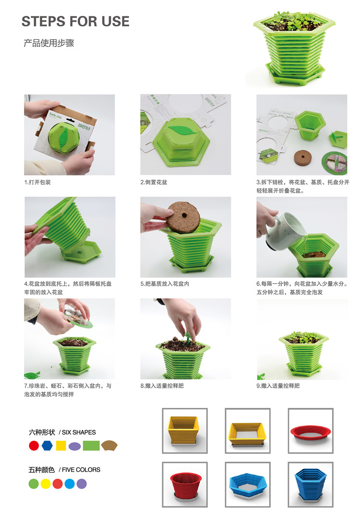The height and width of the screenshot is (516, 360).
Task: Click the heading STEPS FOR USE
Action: tap(75, 22)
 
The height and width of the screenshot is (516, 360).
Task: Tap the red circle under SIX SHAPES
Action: tap(34, 445)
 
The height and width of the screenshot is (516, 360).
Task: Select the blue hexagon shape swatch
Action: tap(48, 445)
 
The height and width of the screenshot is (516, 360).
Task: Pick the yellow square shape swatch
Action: tap(61, 445)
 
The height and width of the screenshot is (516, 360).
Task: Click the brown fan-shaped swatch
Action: tap(109, 445)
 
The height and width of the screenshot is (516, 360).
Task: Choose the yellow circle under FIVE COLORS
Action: tap(46, 484)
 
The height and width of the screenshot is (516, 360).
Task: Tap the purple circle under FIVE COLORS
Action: tap(82, 484)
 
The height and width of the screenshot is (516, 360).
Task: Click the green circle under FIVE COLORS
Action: tap(34, 484)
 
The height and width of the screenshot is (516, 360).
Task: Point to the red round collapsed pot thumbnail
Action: tap(311, 431)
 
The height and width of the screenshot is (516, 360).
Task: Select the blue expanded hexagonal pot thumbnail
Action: tap(311, 484)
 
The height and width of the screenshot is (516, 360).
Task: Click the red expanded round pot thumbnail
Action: tap(185, 484)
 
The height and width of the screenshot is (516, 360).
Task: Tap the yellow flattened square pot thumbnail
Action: tap(248, 431)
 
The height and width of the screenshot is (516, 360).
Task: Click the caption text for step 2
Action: tap(154, 182)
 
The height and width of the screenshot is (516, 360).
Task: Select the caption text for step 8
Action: tap(162, 386)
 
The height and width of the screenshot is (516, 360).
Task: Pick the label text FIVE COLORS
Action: tap(81, 470)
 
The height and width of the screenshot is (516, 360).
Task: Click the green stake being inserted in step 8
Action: tap(188, 338)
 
